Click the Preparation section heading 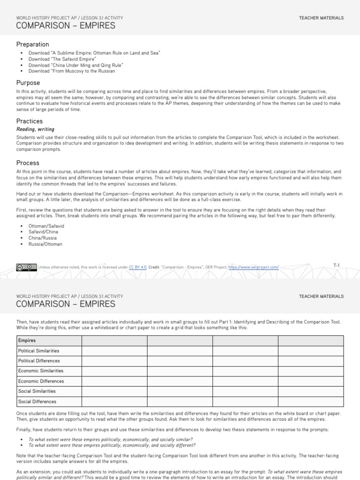pyautogui.click(x=32, y=45)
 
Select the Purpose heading pyautogui.click(x=28, y=82)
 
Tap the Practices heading pyautogui.click(x=30, y=121)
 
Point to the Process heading pyautogui.click(x=28, y=163)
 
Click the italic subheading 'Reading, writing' pyautogui.click(x=35, y=129)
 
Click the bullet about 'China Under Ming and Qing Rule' pyautogui.click(x=75, y=66)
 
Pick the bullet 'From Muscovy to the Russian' pyautogui.click(x=71, y=72)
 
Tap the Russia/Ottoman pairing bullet pyautogui.click(x=45, y=244)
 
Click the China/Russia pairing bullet pyautogui.click(x=43, y=238)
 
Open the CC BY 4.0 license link pyautogui.click(x=138, y=267)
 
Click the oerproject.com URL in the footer pyautogui.click(x=254, y=267)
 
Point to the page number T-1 pyautogui.click(x=336, y=266)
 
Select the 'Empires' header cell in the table pyautogui.click(x=27, y=340)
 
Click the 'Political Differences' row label pyautogui.click(x=39, y=361)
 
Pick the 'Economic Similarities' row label pyautogui.click(x=40, y=371)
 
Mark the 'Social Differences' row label pyautogui.click(x=37, y=402)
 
